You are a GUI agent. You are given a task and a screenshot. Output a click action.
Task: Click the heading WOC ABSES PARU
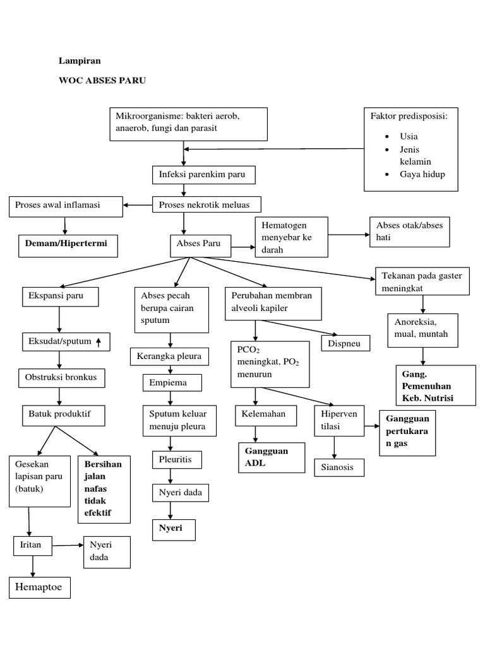coord(102,81)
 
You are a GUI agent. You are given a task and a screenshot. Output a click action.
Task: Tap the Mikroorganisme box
coord(188,124)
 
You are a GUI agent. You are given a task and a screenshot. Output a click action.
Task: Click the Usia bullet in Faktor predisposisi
coord(409,136)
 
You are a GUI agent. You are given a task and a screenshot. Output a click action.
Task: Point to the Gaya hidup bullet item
coord(422,174)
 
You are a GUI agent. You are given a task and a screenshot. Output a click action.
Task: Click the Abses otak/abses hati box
coord(410,232)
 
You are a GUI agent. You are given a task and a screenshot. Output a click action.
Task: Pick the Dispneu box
coord(345,343)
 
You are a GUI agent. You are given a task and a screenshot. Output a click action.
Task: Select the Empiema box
coord(172,383)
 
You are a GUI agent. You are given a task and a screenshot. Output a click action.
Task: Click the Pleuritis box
coord(176,460)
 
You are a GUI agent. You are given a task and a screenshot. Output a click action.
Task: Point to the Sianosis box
coord(342,467)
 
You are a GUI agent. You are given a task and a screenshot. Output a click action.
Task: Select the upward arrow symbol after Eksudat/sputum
coord(99,342)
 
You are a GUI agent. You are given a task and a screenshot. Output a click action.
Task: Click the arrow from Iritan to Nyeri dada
coord(66,544)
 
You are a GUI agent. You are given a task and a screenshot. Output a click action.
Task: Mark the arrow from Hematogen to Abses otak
coord(349,235)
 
